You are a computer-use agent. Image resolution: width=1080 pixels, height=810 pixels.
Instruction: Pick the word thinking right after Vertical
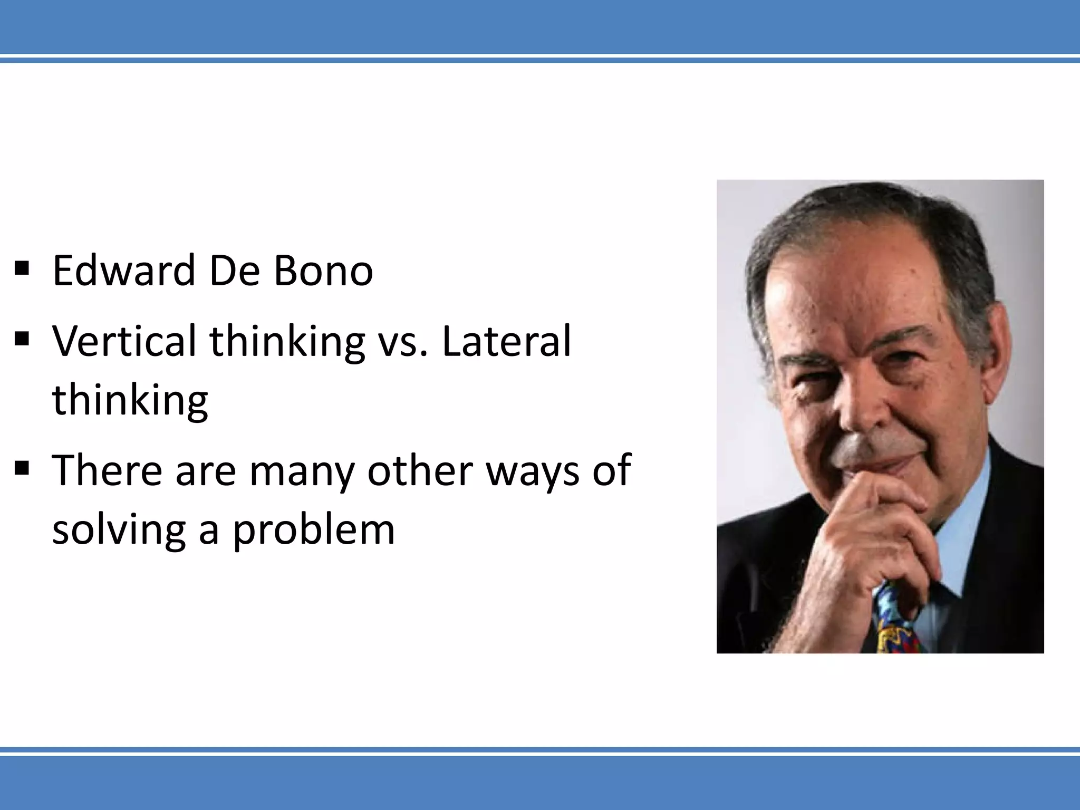coord(287,342)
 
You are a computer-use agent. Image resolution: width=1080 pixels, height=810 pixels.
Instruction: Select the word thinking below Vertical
coord(130,400)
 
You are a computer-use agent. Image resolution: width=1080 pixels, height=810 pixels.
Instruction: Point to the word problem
coord(314,531)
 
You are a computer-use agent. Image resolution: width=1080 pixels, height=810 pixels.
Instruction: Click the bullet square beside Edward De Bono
coord(22,269)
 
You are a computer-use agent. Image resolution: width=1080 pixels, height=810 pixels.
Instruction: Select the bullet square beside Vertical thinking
coord(22,339)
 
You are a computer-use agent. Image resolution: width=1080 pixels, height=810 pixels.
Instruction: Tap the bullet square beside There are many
coord(22,468)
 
